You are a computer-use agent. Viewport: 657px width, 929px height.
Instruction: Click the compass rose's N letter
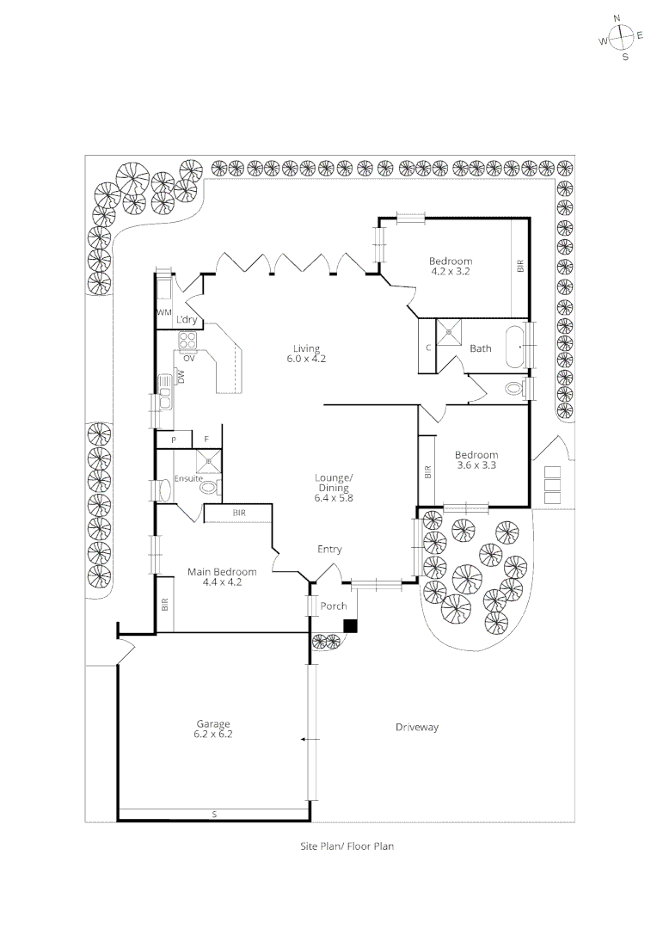coord(617,18)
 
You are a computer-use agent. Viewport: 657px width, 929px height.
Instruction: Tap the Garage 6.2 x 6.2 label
coord(213,729)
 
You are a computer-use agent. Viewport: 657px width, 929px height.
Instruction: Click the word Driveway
coord(417,727)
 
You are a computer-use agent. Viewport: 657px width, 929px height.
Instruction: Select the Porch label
coord(334,606)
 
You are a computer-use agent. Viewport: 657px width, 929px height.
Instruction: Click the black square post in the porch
coord(350,626)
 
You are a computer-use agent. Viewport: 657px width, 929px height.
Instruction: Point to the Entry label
coord(329,550)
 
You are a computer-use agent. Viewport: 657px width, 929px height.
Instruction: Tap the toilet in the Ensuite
coord(210,488)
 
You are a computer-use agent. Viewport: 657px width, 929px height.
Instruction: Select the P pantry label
coord(174,440)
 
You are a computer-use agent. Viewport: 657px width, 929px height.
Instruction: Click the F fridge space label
coord(206,440)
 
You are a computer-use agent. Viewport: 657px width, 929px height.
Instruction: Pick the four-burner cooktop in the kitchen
coord(188,341)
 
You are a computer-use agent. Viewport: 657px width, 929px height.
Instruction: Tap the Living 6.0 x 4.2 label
coord(306,354)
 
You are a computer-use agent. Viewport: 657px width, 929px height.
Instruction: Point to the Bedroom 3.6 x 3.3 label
coord(476,460)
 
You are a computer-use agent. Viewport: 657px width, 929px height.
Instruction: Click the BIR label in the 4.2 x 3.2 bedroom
coord(520,267)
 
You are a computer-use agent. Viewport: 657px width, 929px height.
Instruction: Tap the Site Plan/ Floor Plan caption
coord(347,846)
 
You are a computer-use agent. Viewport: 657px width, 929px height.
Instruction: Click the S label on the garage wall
coord(214,813)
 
